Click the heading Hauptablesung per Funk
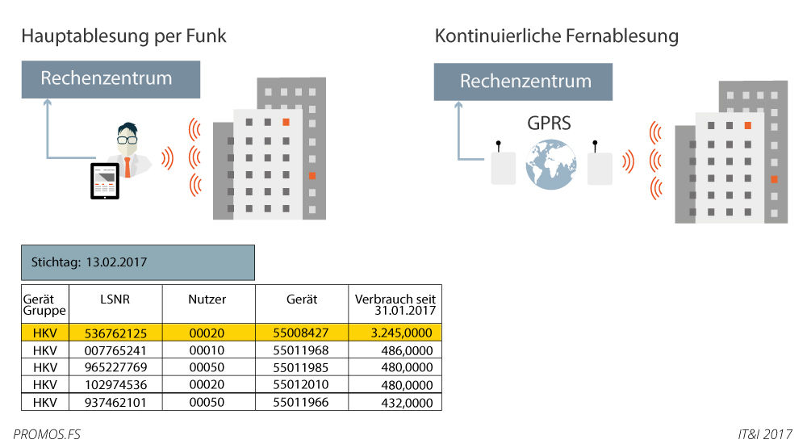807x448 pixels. coord(123,36)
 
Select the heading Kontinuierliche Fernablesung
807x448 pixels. coord(556,36)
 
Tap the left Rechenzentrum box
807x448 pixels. coord(107,79)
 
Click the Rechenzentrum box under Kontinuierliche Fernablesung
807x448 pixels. coord(525,82)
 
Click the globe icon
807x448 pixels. coord(550,165)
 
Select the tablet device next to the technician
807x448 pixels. coord(104,182)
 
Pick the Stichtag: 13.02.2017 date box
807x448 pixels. coord(138,262)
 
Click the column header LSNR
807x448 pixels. coord(116,299)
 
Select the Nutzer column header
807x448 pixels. coord(207,299)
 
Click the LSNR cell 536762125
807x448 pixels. coord(116,332)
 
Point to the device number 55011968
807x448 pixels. coord(301,350)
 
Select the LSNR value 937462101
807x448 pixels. coord(116,402)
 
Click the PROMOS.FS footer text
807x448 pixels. coord(47,434)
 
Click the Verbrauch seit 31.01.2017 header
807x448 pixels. coord(395,304)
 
